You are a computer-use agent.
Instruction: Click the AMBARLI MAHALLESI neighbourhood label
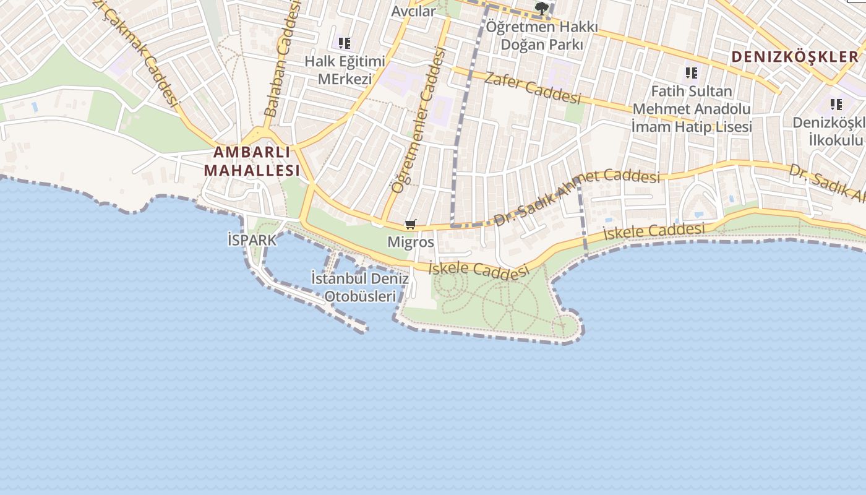click(252, 161)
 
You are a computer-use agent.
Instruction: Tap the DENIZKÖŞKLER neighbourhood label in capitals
click(795, 57)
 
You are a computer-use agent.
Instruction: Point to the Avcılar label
click(413, 11)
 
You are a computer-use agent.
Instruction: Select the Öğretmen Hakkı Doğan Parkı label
click(542, 36)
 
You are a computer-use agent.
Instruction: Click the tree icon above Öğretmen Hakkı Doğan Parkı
click(542, 9)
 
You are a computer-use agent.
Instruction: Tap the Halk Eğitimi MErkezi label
click(345, 70)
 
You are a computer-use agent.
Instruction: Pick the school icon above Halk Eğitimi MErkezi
click(345, 43)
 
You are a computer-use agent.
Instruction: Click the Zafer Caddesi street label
click(533, 88)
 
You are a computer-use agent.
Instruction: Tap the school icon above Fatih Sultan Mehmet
click(692, 73)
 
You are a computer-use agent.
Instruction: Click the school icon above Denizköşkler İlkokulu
click(836, 104)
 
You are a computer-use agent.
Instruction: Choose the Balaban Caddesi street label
click(281, 59)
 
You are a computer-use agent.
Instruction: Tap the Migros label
click(411, 242)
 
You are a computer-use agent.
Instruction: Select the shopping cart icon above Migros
click(411, 224)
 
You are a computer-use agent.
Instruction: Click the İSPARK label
click(252, 240)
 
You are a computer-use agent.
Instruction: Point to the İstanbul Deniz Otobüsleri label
click(360, 287)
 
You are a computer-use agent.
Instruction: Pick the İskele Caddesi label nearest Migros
click(479, 270)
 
